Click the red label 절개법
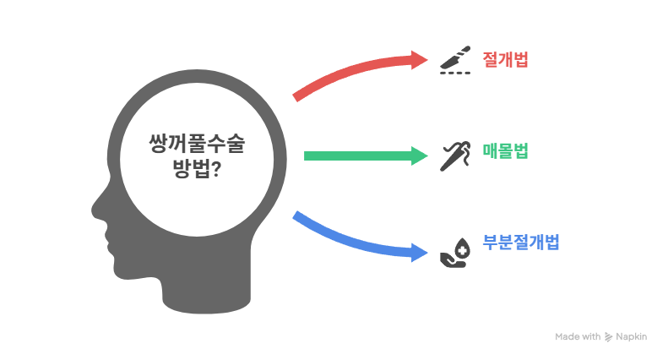pos(505,59)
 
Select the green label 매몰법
pos(505,151)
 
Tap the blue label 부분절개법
pos(520,243)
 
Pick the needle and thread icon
pos(455,156)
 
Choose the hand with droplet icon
pos(455,253)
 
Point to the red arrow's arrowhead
pos(419,60)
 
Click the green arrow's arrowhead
pos(419,155)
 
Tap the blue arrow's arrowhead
pos(419,253)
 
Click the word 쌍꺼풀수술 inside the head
pos(197,144)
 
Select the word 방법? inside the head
pos(197,169)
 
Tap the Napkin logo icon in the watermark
pos(608,337)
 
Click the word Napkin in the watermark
pos(632,336)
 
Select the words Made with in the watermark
pos(578,336)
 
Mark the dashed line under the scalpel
pos(455,73)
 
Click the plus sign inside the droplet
pos(462,251)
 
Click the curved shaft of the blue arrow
pos(350,242)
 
